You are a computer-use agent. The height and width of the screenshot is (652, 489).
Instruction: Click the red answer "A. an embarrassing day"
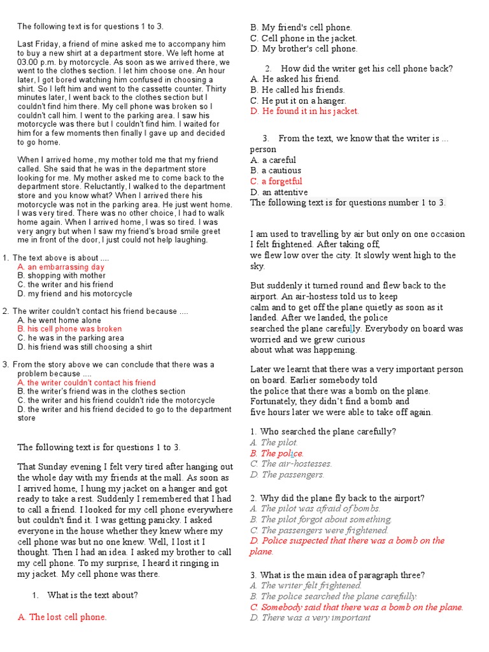pos(60,267)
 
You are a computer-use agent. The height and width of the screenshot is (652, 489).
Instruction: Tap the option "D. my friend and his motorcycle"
pos(75,294)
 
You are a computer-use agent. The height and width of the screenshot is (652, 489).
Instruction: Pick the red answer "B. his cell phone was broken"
pos(69,329)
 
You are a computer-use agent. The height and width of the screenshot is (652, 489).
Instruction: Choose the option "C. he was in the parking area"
pos(71,338)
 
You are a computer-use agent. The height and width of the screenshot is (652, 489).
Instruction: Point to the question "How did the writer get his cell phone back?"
pos(367,68)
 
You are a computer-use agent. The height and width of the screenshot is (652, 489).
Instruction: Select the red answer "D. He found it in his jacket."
pos(304,111)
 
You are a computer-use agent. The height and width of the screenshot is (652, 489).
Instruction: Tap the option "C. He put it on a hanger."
pos(298,101)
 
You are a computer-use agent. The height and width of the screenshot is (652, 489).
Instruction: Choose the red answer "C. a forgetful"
pos(276,181)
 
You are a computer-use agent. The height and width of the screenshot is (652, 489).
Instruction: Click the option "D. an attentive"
pos(279,192)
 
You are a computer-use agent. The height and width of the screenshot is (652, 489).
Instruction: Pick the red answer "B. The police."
pos(277,453)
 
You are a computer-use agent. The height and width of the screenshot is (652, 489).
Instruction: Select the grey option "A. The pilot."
pos(274,442)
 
